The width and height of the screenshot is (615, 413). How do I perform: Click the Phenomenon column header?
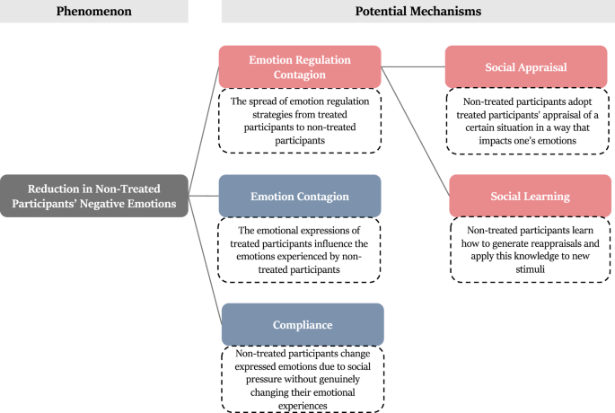tap(93, 12)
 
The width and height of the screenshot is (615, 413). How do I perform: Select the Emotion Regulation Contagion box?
tap(300, 67)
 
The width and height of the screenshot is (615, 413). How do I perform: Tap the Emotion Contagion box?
tap(300, 196)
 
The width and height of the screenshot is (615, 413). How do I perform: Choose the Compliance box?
tap(302, 324)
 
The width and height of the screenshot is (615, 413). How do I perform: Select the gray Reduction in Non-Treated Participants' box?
tap(94, 196)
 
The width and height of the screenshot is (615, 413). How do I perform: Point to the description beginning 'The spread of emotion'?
tap(300, 120)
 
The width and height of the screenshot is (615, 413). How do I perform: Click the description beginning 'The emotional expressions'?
tap(300, 249)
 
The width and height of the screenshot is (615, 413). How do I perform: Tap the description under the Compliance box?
tap(302, 378)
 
